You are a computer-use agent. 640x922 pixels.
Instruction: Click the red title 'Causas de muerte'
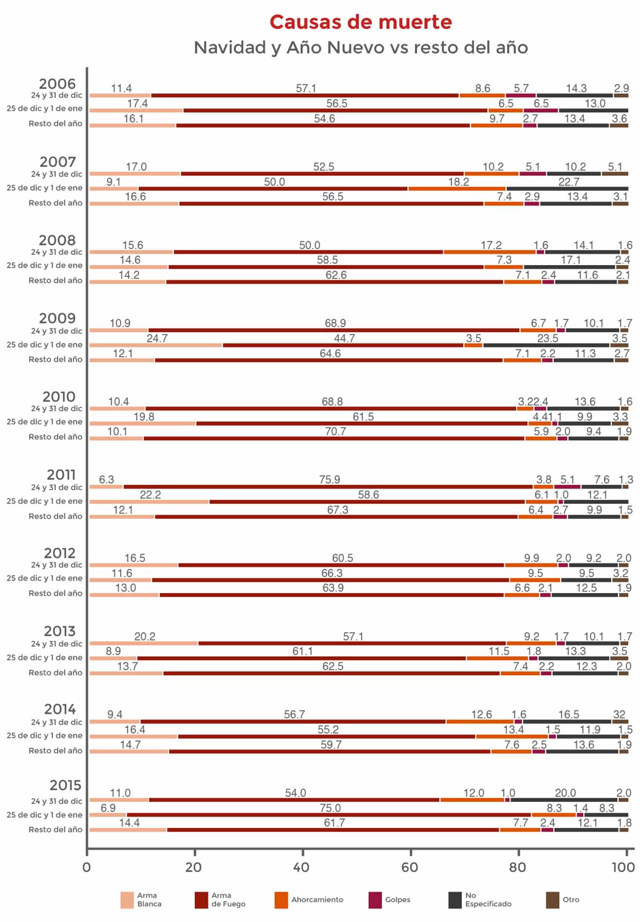(x=361, y=22)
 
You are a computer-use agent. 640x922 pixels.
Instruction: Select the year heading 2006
(x=57, y=84)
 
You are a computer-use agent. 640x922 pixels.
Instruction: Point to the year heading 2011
(x=61, y=475)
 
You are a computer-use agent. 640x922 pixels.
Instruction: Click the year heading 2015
(x=65, y=785)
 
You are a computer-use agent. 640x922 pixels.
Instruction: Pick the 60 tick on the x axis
(x=410, y=867)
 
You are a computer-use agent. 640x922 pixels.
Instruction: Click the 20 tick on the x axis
(x=194, y=867)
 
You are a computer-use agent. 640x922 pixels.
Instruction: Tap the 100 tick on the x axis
(x=623, y=867)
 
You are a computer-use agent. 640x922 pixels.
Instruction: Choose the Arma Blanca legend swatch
(x=127, y=900)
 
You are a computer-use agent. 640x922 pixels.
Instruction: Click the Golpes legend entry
(x=398, y=900)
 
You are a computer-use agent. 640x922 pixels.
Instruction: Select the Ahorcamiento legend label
(x=317, y=900)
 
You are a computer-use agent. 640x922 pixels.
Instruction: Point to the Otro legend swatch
(x=553, y=900)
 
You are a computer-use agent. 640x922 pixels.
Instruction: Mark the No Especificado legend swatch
(x=455, y=900)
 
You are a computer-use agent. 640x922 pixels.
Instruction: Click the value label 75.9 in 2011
(x=330, y=479)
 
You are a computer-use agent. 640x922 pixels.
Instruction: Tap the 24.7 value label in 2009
(x=157, y=338)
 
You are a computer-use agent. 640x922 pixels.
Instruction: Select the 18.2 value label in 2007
(x=459, y=182)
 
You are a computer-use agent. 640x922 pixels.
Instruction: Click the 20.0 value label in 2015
(x=565, y=793)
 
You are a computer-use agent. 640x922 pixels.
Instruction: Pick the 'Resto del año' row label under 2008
(x=55, y=280)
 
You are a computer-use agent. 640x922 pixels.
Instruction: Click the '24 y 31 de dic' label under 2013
(x=57, y=644)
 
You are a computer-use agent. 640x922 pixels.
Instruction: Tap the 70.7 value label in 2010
(x=335, y=431)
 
